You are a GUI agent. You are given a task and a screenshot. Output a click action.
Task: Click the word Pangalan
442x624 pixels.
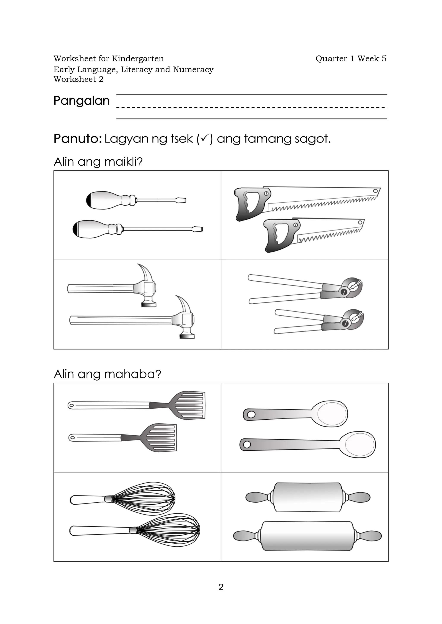[x=81, y=101]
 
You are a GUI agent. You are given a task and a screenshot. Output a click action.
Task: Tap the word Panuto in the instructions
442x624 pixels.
[x=77, y=139]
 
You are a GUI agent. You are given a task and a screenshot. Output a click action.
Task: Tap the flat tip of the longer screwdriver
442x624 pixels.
[x=198, y=229]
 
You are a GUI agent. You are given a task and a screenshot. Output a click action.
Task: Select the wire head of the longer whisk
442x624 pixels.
[x=170, y=530]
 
